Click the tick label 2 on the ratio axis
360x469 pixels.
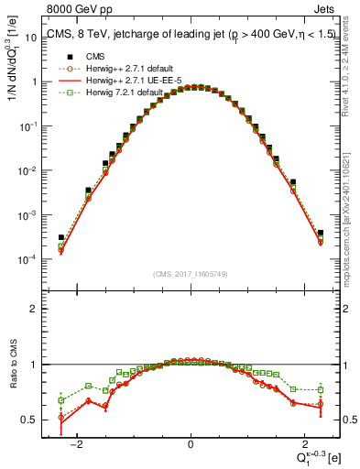click(x=34, y=309)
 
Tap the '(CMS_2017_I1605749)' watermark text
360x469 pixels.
click(x=190, y=273)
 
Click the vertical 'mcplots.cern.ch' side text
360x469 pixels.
click(x=352, y=229)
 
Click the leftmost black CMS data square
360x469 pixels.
click(x=60, y=237)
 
